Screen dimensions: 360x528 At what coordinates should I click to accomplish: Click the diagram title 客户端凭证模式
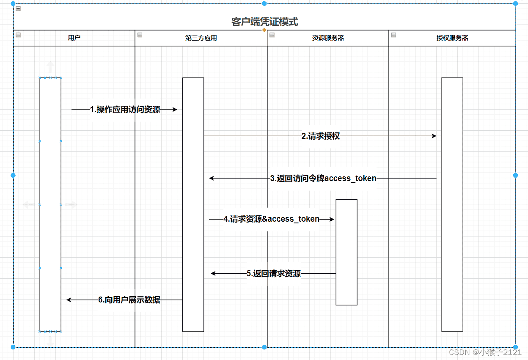coord(264,22)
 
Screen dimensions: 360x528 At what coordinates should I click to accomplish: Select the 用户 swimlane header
coord(74,38)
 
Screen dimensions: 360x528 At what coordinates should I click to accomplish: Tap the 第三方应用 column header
coord(201,38)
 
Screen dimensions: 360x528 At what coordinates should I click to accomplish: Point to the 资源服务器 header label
coord(328,38)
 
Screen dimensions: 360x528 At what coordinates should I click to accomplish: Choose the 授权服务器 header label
coord(452,38)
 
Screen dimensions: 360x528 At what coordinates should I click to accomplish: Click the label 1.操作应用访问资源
coord(125,110)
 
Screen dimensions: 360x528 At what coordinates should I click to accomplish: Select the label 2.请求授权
coord(320,136)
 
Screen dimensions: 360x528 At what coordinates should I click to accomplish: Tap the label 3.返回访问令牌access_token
coord(323,179)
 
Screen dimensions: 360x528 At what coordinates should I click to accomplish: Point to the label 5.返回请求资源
coord(274,274)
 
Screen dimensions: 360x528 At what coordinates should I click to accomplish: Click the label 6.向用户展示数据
coord(129,300)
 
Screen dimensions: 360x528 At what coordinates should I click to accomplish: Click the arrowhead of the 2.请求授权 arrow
coord(434,136)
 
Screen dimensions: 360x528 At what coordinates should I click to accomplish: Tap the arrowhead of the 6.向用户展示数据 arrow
coord(69,300)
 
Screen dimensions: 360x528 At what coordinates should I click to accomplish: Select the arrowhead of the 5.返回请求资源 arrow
coord(213,274)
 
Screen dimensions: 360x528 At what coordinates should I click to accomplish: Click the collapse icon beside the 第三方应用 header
coord(140,35)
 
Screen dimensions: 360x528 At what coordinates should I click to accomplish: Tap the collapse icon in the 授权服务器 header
coord(393,35)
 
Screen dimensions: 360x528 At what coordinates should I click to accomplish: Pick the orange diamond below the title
coord(264,30)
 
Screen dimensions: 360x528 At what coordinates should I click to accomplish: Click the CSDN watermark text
coord(485,352)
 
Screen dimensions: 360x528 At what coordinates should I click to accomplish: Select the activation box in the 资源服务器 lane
coord(346,252)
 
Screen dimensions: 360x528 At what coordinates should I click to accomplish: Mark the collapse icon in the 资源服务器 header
coord(272,35)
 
